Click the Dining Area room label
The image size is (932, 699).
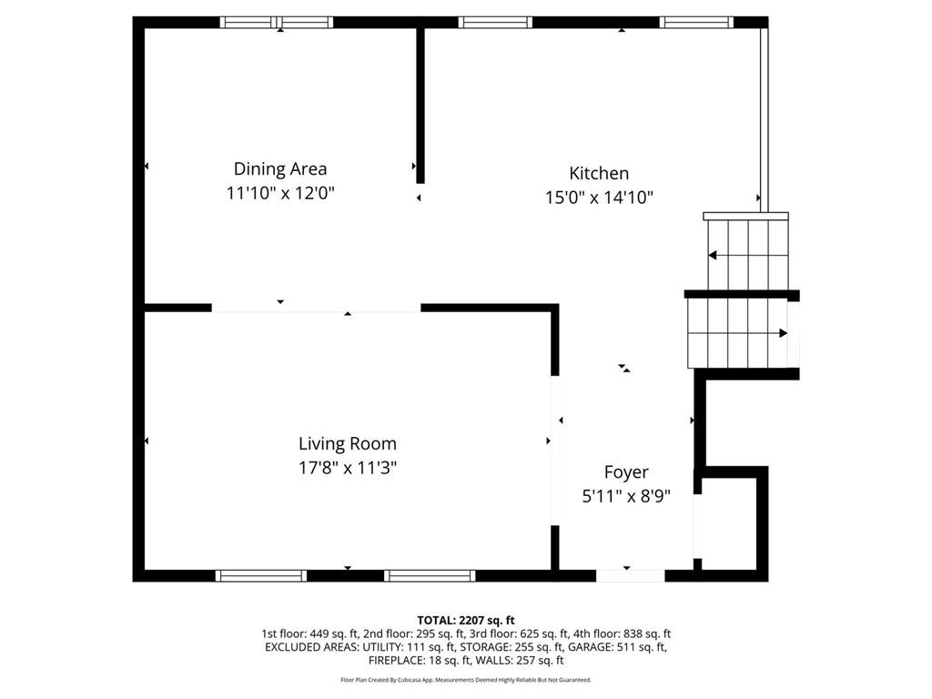coord(280,168)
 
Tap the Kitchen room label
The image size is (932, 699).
coord(599,173)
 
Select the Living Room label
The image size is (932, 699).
coord(348,444)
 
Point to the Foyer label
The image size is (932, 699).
coord(626,472)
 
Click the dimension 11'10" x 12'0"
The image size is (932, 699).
coord(280,194)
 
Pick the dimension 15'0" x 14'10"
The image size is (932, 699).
coord(599,198)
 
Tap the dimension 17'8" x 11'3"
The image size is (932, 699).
coord(348,469)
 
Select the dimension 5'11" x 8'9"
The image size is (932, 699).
coord(626,497)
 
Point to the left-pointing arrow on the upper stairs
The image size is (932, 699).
coord(713,255)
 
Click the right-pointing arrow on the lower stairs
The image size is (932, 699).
coord(782,333)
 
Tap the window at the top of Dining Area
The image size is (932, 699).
coord(278,23)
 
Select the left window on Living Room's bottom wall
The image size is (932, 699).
coord(260,575)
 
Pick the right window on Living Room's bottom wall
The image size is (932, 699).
coord(430,575)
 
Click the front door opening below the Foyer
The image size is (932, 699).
coord(630,575)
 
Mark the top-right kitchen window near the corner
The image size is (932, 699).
coord(696,23)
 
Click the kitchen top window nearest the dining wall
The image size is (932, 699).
coord(495,23)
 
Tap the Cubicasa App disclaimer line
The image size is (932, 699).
coord(466,680)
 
